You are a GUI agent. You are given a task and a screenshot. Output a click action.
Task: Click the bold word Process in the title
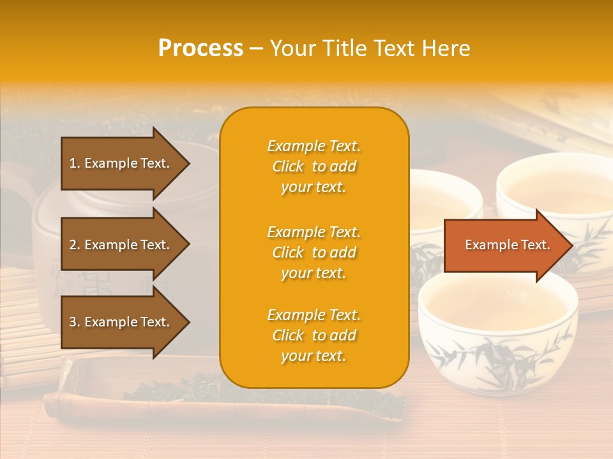[x=201, y=48]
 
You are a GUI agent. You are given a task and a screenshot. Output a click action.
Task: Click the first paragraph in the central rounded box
[x=314, y=166]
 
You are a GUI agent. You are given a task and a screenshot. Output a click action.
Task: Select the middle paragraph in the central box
[x=314, y=252]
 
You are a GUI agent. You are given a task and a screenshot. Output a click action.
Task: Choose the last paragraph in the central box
[x=314, y=335]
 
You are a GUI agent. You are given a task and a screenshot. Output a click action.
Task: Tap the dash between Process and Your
[x=257, y=49]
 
